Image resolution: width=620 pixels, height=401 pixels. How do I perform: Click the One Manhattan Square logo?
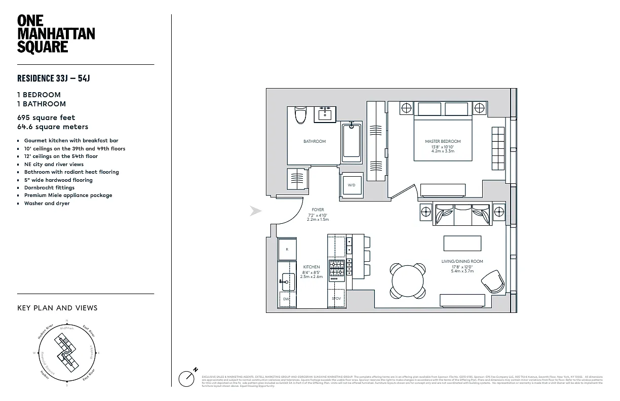click(56, 34)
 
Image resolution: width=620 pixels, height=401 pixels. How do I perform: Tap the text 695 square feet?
click(46, 117)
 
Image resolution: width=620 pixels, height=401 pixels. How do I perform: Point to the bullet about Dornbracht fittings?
click(49, 187)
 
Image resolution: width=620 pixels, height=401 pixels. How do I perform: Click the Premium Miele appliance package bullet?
click(68, 195)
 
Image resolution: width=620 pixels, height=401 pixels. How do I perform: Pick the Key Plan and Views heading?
click(57, 308)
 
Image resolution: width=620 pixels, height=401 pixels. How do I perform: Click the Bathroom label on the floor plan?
click(314, 141)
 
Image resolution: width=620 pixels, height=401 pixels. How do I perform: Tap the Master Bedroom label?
click(443, 141)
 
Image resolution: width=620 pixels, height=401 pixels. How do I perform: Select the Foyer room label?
click(318, 210)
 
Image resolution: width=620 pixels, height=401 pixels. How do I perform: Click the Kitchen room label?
click(311, 267)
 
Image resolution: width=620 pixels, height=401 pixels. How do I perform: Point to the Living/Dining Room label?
click(462, 261)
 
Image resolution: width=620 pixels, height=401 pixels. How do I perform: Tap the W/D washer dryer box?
click(351, 185)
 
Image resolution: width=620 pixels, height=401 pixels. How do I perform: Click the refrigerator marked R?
click(287, 249)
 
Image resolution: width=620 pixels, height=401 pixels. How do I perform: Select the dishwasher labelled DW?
click(286, 299)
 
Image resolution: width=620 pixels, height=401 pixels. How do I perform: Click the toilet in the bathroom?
click(300, 115)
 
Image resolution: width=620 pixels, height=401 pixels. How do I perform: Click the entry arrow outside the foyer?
click(256, 211)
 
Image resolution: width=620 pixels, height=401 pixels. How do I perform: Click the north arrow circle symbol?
click(187, 379)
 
